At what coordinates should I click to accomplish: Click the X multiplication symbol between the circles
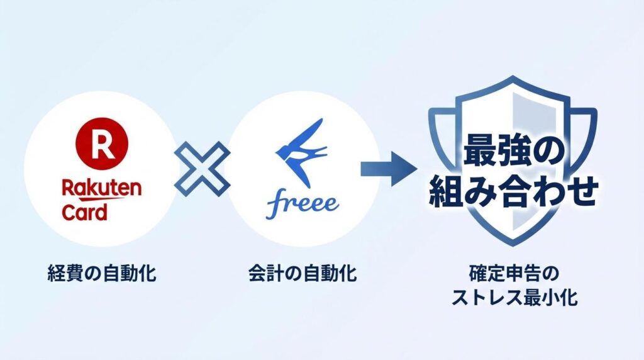[x=201, y=168]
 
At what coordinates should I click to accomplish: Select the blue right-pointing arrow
[x=390, y=168]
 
